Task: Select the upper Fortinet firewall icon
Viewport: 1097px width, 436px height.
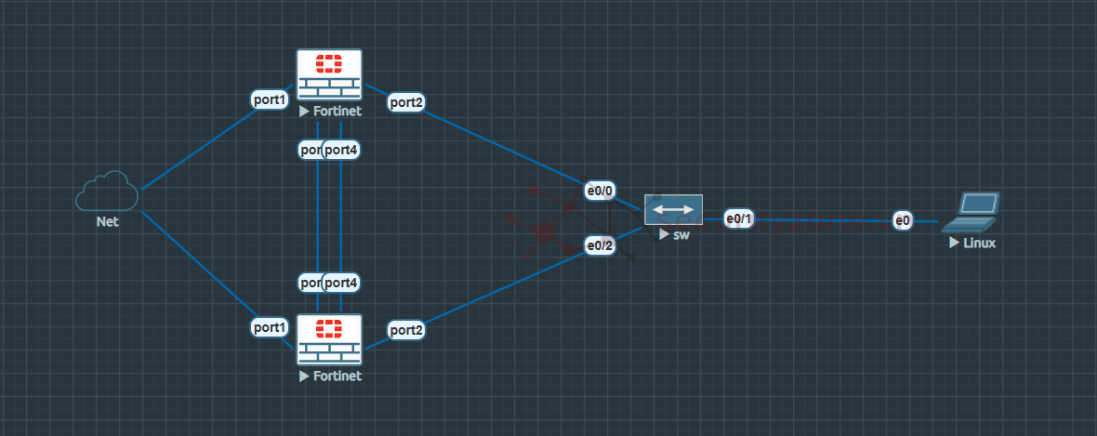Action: (329, 74)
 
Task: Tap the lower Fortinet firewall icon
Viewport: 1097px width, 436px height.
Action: (329, 339)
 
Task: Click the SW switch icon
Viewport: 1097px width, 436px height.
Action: (673, 209)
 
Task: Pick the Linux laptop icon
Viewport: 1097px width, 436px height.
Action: (971, 212)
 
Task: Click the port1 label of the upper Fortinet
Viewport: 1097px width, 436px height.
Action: (270, 99)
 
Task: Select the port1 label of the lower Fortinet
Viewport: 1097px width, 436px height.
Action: (270, 327)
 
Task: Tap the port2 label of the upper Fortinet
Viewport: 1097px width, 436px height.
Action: (406, 102)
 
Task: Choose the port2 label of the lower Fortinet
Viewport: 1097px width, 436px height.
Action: (406, 329)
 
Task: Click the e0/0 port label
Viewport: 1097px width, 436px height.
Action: (600, 191)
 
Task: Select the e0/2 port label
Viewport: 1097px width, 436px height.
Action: (600, 245)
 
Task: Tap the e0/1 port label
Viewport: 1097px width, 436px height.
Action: (739, 218)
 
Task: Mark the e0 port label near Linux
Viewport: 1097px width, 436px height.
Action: (902, 220)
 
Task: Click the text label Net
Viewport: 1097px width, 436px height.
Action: (107, 222)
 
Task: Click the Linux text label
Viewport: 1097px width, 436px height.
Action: (979, 243)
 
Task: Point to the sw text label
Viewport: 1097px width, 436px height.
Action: (681, 234)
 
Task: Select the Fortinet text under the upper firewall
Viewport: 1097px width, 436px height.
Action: (337, 111)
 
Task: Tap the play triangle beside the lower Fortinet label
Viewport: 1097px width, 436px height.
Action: (304, 377)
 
